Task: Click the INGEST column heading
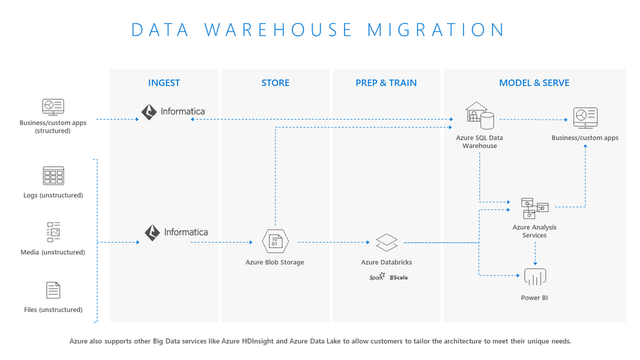tap(164, 83)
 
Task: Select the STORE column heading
tap(275, 83)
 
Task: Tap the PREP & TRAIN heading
tap(386, 83)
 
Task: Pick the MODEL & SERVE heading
tap(534, 83)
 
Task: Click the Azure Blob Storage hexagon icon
tap(275, 241)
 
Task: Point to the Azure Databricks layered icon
tap(386, 243)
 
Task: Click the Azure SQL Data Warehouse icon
tap(480, 116)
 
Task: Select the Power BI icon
tap(534, 277)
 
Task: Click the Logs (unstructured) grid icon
tap(53, 176)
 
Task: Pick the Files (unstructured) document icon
tap(53, 290)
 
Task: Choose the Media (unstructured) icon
tap(53, 232)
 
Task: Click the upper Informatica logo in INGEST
tap(173, 111)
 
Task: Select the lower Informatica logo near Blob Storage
tap(176, 232)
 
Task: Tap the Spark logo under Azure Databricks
tap(377, 277)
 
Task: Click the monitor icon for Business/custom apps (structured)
tap(53, 106)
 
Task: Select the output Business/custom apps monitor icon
tap(585, 118)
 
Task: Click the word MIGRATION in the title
tap(436, 30)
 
